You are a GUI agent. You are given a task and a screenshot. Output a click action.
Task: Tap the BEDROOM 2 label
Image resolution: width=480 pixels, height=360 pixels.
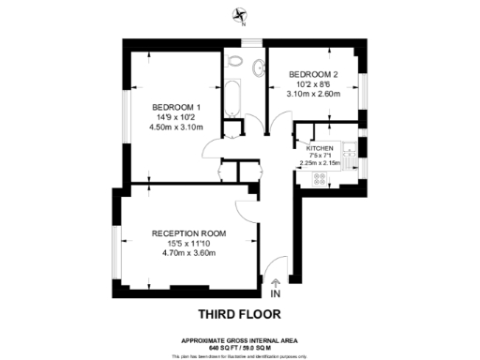pyautogui.click(x=313, y=74)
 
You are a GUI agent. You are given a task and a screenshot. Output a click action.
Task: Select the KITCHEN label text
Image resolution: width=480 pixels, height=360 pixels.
pyautogui.click(x=321, y=148)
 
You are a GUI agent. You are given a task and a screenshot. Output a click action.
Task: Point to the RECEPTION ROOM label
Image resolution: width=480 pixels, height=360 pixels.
pyautogui.click(x=189, y=233)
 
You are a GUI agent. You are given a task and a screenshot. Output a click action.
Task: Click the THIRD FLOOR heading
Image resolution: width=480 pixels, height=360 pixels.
pyautogui.click(x=239, y=313)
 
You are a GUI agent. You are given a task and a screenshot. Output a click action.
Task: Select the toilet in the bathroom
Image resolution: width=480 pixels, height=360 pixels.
pyautogui.click(x=234, y=64)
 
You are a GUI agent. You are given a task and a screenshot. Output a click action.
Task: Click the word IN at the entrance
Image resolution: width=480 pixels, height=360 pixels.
pyautogui.click(x=275, y=293)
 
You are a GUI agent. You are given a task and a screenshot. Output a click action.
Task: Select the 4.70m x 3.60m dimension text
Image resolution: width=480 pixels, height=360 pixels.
pyautogui.click(x=189, y=253)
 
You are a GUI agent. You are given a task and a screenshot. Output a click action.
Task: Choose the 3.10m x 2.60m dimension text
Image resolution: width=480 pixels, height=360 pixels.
pyautogui.click(x=313, y=94)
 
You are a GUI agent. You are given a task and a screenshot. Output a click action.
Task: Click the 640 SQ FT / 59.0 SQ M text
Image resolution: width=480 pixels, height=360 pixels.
pyautogui.click(x=239, y=348)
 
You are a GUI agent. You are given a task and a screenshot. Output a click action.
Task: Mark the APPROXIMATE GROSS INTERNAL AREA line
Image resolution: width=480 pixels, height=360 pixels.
pyautogui.click(x=239, y=340)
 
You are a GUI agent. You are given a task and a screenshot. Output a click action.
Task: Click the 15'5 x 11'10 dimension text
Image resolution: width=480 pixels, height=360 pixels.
pyautogui.click(x=189, y=244)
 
